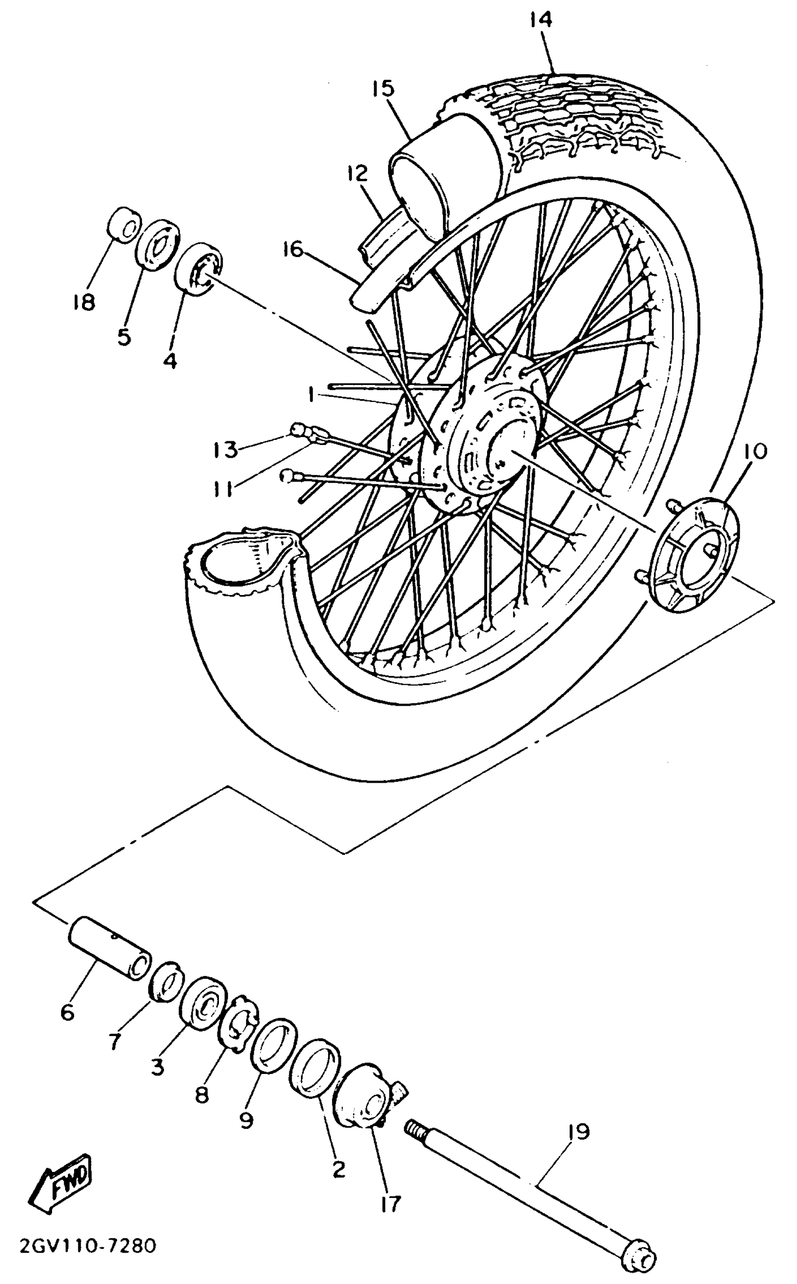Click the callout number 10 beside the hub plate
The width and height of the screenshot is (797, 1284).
(756, 452)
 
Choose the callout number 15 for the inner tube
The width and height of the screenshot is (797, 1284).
(382, 89)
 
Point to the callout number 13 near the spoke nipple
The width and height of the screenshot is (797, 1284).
(225, 451)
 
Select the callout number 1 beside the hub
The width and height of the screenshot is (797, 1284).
(311, 394)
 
